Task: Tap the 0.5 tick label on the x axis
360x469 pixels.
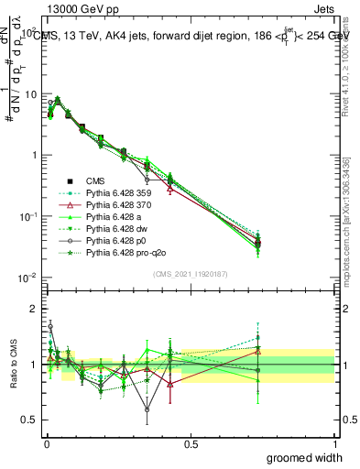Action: tap(190, 443)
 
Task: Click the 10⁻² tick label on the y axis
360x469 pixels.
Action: tap(28, 278)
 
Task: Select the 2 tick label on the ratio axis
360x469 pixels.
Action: tap(34, 309)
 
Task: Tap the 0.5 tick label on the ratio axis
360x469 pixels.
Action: tap(30, 422)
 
